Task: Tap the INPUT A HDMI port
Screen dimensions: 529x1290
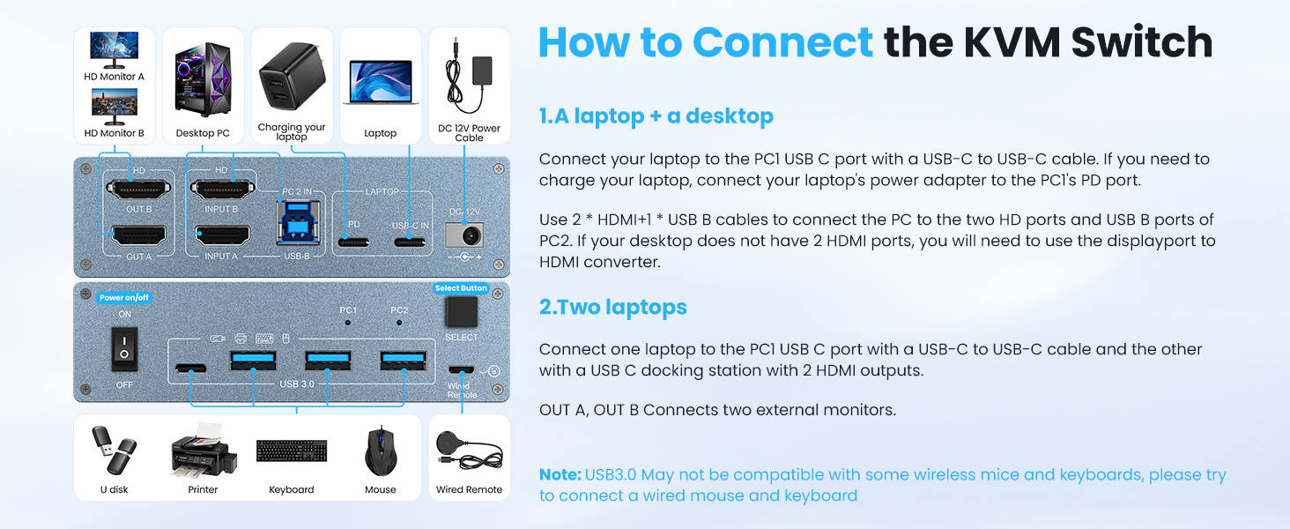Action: [x=222, y=235]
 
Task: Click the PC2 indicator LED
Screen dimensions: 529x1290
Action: [x=399, y=323]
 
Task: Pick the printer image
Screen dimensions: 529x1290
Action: [x=203, y=451]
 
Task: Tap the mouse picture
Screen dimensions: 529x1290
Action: [x=380, y=451]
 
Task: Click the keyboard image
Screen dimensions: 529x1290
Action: [x=292, y=451]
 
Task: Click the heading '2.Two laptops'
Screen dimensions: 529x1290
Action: [x=612, y=308]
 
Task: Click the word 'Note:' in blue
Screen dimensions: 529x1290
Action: [x=560, y=475]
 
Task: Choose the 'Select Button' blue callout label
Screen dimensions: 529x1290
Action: [x=461, y=288]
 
